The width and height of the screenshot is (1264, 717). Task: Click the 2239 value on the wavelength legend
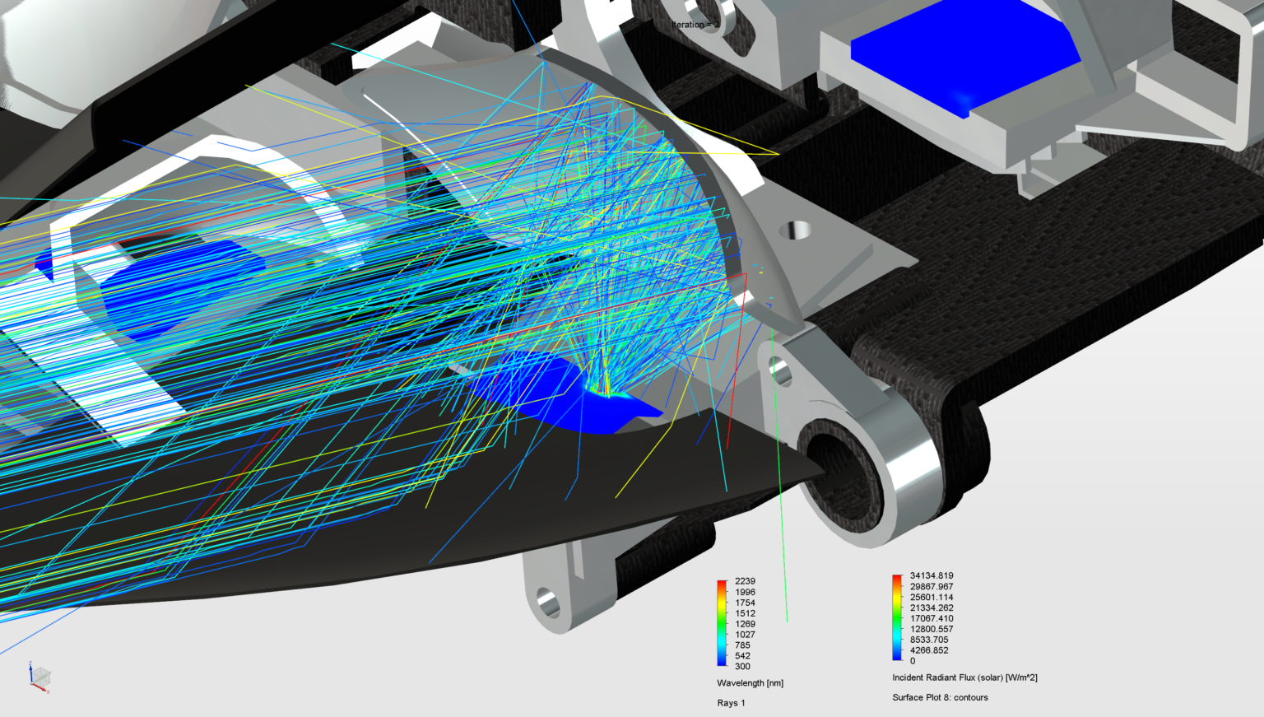tap(744, 581)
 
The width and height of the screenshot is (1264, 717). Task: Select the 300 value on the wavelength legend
tap(741, 667)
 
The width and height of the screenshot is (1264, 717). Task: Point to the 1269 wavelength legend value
tap(744, 624)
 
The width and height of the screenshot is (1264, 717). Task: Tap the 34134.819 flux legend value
tap(931, 576)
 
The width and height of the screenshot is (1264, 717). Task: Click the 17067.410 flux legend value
tap(931, 619)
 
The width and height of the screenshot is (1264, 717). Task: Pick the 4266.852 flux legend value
tap(928, 650)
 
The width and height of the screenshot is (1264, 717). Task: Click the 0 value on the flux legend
tap(912, 661)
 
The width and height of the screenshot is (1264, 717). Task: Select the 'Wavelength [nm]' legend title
tap(750, 683)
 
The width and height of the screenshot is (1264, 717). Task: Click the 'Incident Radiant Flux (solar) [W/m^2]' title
tap(964, 678)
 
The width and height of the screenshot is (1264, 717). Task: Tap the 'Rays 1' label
tap(731, 703)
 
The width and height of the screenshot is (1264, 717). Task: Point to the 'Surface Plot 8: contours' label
tap(940, 698)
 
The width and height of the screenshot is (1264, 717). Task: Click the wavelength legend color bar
tap(722, 622)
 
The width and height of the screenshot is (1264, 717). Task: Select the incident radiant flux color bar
tap(896, 617)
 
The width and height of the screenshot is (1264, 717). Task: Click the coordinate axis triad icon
tap(38, 677)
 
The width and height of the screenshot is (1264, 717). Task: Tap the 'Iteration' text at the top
tap(695, 25)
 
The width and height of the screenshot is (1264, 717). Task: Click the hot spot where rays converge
tap(606, 392)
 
